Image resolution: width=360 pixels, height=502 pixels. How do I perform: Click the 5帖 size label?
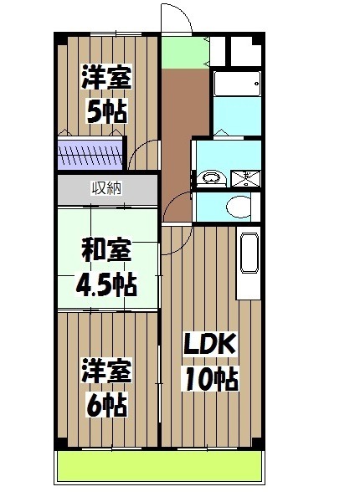click(106, 111)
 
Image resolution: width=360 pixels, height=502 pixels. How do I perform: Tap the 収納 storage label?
click(106, 187)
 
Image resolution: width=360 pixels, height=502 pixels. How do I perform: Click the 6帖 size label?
click(106, 405)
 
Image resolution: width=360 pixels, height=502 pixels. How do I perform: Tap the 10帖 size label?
click(211, 379)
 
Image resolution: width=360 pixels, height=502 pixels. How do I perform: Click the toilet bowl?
click(239, 206)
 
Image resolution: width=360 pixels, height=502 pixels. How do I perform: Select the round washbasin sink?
click(210, 177)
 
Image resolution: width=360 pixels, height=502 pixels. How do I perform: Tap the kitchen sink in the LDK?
click(249, 254)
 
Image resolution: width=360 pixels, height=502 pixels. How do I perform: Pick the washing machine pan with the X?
click(248, 177)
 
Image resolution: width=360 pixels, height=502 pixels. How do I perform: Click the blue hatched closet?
click(90, 156)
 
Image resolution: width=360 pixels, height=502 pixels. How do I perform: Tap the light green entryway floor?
click(185, 54)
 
